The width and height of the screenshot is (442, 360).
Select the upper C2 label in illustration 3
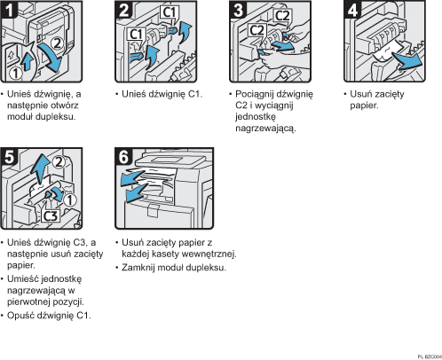click(282, 15)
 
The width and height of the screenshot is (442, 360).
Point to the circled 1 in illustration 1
click(13, 74)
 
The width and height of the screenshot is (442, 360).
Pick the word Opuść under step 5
click(23, 315)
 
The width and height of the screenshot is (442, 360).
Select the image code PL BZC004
click(427, 355)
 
